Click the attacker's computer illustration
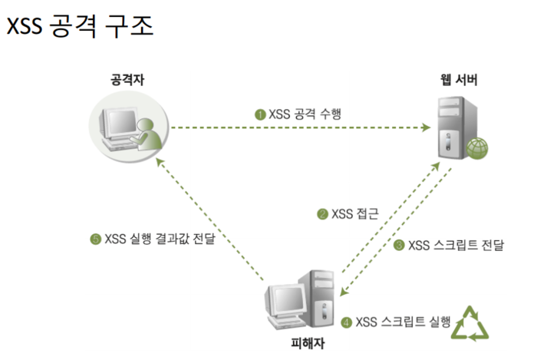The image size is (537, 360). coord(127,127)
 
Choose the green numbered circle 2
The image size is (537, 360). coord(322,214)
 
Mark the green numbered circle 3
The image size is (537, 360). coord(399,246)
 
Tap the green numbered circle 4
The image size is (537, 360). coord(346,322)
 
